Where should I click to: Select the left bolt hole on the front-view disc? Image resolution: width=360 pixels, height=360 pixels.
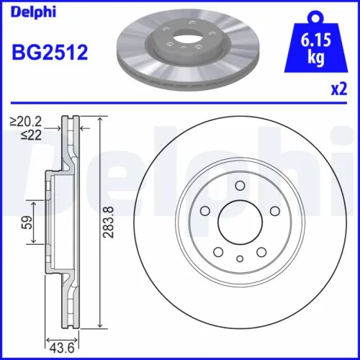click(204, 212)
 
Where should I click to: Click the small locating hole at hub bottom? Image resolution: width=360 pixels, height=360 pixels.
click(238, 258)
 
